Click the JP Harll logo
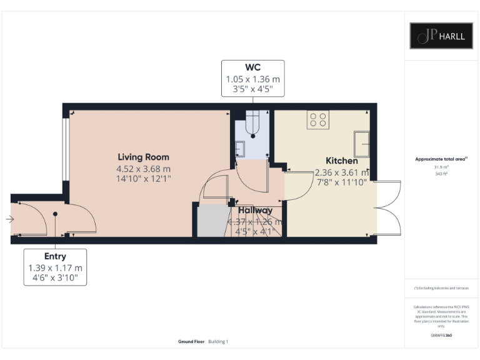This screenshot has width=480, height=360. (x=441, y=36)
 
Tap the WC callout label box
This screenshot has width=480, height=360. (x=252, y=78)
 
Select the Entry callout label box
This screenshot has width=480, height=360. (x=55, y=267)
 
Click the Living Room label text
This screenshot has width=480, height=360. (x=144, y=157)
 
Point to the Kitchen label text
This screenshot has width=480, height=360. (x=341, y=161)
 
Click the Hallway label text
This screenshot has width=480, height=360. (x=254, y=210)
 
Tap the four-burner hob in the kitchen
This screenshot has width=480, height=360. (x=317, y=119)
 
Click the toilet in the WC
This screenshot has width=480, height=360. (x=252, y=123)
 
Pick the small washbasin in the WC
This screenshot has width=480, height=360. (x=240, y=147)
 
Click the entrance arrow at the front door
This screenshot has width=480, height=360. (x=9, y=219)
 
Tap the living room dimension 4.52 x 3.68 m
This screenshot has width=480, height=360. (x=144, y=169)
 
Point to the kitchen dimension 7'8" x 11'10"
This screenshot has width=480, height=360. (x=341, y=182)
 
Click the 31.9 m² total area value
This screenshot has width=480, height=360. (x=441, y=167)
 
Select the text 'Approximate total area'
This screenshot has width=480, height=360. (x=440, y=160)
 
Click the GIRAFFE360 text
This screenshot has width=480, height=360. (x=441, y=336)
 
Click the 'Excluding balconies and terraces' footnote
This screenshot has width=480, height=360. (x=441, y=288)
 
